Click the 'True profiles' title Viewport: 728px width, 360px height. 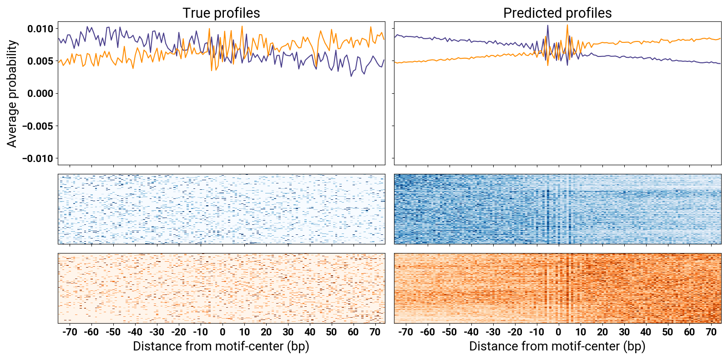221,13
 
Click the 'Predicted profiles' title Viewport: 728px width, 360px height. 557,13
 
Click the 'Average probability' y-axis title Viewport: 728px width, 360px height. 12,94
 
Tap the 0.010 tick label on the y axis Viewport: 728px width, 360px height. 40,29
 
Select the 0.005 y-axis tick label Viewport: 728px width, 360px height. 40,61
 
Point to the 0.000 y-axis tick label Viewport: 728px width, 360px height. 40,94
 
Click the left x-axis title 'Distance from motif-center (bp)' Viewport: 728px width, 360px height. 221,346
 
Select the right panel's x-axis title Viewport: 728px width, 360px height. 557,346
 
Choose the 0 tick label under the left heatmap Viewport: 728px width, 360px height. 222,332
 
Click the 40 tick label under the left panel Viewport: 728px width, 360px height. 310,332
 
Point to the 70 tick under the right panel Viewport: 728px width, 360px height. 711,332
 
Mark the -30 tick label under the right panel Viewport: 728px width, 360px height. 493,332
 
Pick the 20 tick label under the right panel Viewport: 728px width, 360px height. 602,332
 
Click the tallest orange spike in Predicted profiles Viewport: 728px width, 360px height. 567,25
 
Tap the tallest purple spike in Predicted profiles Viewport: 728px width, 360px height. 548,25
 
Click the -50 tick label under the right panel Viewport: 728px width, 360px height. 449,332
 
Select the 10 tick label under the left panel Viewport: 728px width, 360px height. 244,332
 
